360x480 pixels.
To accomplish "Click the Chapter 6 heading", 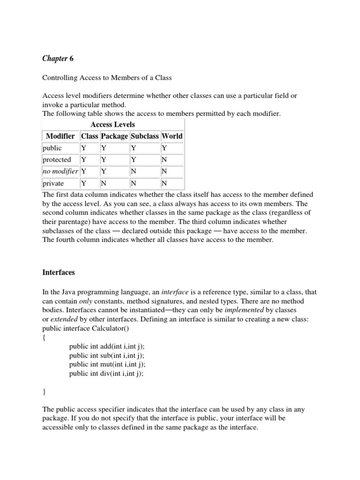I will pyautogui.click(x=58, y=59).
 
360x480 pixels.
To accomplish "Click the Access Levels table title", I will pyautogui.click(x=112, y=124).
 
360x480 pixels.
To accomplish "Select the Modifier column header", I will pyautogui.click(x=60, y=136).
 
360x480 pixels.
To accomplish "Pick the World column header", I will pyautogui.click(x=172, y=136).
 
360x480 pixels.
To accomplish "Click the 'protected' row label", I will pyautogui.click(x=57, y=160).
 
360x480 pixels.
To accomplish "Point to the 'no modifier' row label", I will pyautogui.click(x=60, y=172).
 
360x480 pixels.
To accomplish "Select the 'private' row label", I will pyautogui.click(x=53, y=183).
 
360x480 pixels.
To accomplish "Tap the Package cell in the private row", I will pyautogui.click(x=104, y=183).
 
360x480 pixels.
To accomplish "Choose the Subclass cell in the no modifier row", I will pyautogui.click(x=133, y=172).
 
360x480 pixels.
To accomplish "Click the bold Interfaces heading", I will pyautogui.click(x=59, y=272).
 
